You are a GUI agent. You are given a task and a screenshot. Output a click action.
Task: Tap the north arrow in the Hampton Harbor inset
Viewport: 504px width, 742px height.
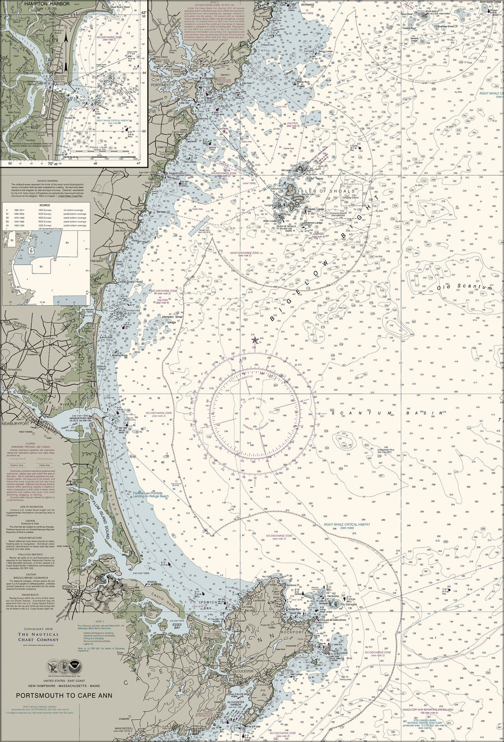[x=66, y=48]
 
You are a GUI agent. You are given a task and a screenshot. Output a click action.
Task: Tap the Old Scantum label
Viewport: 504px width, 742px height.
[x=461, y=287]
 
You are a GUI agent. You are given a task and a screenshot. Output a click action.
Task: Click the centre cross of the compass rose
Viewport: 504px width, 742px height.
[x=255, y=414]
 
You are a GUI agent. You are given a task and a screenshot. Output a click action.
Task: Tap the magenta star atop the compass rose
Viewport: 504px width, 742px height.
[x=255, y=339]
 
